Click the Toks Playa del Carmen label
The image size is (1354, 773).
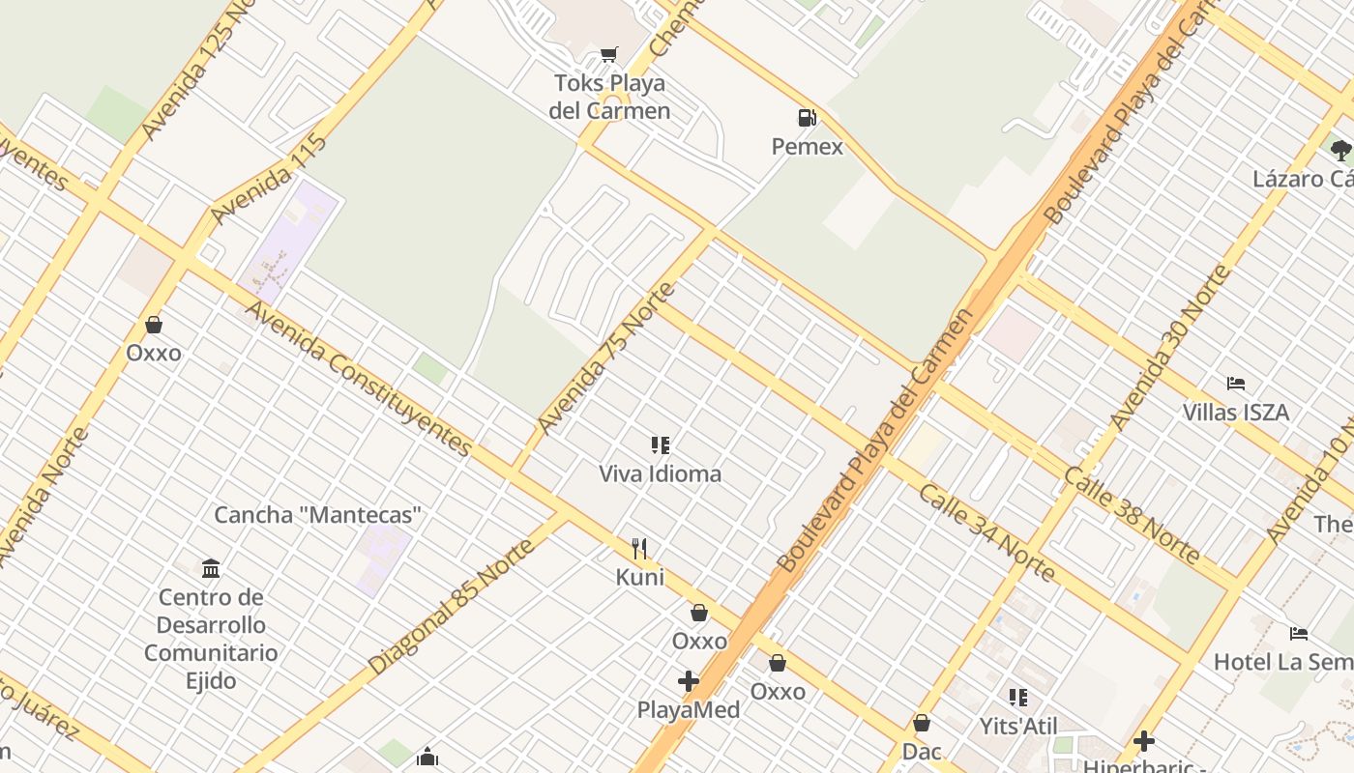[x=609, y=97]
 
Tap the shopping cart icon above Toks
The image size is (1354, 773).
[x=608, y=54]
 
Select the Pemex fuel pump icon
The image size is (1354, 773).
[x=807, y=118]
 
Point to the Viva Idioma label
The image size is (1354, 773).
[x=660, y=473]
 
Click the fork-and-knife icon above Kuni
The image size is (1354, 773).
[x=639, y=549]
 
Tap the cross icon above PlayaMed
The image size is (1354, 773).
[x=689, y=681]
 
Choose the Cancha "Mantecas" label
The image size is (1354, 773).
[x=318, y=515]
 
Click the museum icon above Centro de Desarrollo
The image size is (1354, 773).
[x=211, y=567]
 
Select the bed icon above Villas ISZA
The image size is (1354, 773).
[x=1235, y=384]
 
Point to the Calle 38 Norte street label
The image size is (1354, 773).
[x=1132, y=515]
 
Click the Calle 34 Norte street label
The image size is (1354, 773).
[x=986, y=532]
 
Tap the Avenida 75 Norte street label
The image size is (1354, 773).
[x=605, y=358]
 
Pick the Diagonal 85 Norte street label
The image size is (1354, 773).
[x=451, y=607]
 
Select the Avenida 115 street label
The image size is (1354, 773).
[x=269, y=180]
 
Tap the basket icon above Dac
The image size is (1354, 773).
[x=922, y=723]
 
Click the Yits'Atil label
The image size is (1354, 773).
[x=1018, y=726]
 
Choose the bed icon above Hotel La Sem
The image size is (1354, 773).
[x=1299, y=634]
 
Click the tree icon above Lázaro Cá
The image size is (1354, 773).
[x=1339, y=150]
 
